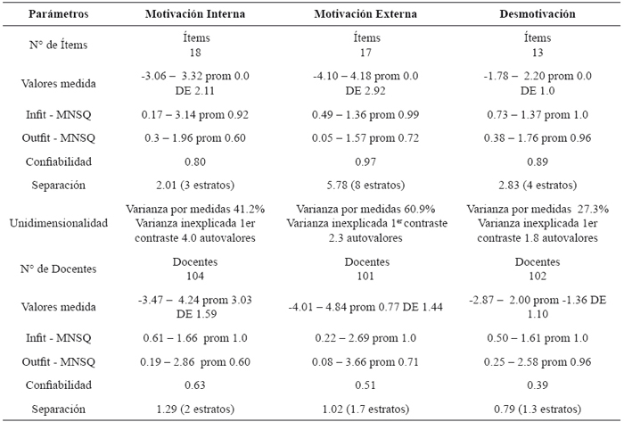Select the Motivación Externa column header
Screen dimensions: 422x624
tap(361, 16)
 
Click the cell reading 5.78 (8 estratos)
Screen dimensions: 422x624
tap(361, 185)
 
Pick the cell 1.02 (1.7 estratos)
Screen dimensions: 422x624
tap(361, 409)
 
